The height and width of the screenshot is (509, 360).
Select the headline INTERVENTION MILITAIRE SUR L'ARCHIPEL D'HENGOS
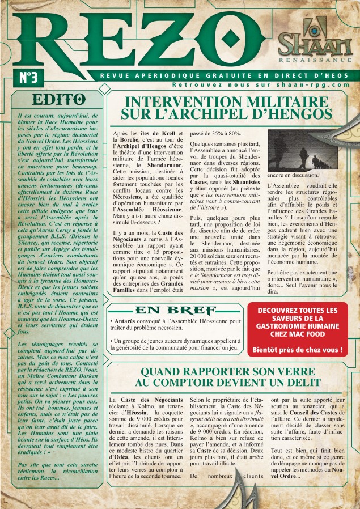click(x=228, y=108)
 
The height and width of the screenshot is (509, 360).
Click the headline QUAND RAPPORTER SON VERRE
click(x=228, y=377)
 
